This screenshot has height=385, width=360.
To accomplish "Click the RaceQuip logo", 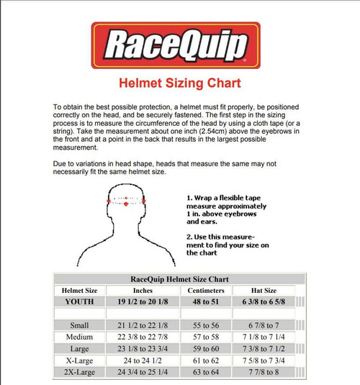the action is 180,47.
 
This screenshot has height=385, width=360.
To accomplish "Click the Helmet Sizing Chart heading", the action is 180,83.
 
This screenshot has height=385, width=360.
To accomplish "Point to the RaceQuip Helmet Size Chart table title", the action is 180,279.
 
